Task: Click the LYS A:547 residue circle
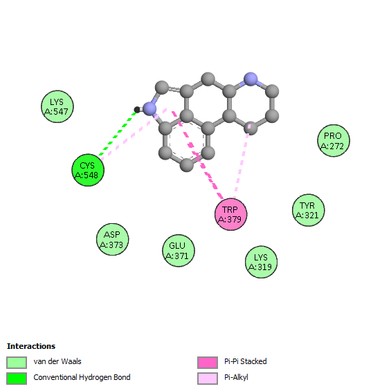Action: [57, 106]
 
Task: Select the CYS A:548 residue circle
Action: [88, 170]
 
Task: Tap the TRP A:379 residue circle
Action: [231, 214]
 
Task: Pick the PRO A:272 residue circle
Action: [334, 141]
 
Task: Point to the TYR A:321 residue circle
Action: [309, 210]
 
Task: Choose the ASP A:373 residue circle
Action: [112, 240]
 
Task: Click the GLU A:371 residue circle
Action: [179, 251]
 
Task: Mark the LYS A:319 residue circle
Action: [261, 262]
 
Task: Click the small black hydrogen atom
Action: [137, 109]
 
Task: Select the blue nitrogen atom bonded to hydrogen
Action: [149, 108]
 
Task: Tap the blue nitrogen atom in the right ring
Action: [251, 79]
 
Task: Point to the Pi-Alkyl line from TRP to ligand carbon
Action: [242, 162]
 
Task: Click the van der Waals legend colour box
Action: [17, 363]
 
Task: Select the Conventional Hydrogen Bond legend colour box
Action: [17, 379]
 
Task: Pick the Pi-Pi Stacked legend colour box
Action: [208, 363]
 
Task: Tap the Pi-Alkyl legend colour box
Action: [208, 379]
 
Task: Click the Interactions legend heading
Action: [31, 346]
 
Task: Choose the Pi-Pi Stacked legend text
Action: [246, 361]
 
